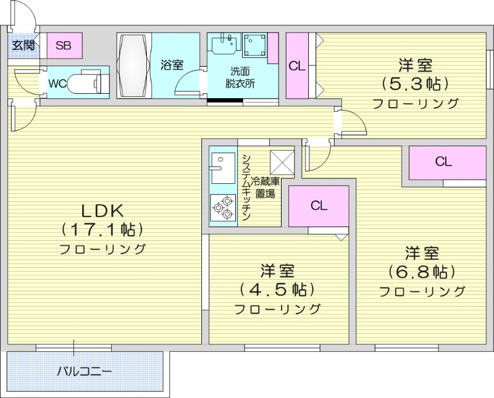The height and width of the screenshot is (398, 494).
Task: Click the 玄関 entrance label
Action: (23, 44)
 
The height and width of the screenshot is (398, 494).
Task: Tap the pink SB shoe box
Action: (63, 45)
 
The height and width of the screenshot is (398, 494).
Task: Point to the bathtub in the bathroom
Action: (134, 65)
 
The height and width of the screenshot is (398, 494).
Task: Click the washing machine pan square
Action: (255, 46)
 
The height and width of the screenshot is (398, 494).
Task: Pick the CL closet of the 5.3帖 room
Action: (298, 66)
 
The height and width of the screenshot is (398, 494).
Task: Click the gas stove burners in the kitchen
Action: (222, 207)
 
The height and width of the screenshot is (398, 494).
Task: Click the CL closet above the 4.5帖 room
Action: (319, 206)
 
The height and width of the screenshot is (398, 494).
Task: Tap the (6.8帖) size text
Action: (422, 271)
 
